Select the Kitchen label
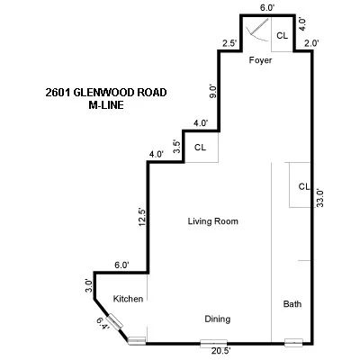(x=127, y=299)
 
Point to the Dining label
(x=217, y=319)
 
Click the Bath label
(x=292, y=304)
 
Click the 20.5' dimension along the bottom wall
(x=212, y=352)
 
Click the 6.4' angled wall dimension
(x=103, y=324)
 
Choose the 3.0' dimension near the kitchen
(x=89, y=286)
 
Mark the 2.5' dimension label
(x=229, y=43)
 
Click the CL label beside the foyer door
(x=282, y=36)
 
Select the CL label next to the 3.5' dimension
(x=201, y=147)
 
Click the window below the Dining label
(x=212, y=342)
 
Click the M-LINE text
(x=105, y=105)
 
